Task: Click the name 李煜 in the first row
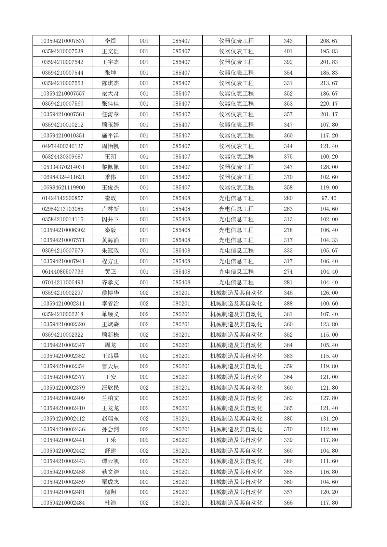110,41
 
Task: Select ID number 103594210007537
62,41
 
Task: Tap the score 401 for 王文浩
288,51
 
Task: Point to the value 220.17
329,104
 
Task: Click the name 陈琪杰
110,83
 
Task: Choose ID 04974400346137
62,146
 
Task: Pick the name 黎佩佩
110,167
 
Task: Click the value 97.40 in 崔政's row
329,198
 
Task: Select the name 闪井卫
110,219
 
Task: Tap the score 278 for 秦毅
288,230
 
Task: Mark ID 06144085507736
62,271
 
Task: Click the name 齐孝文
110,282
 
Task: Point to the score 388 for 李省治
288,303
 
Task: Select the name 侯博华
110,293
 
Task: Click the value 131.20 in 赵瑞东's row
329,418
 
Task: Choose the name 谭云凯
110,461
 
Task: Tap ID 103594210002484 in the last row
62,503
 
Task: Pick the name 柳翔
110,492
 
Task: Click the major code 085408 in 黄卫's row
181,271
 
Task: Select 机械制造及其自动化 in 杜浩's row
236,503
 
